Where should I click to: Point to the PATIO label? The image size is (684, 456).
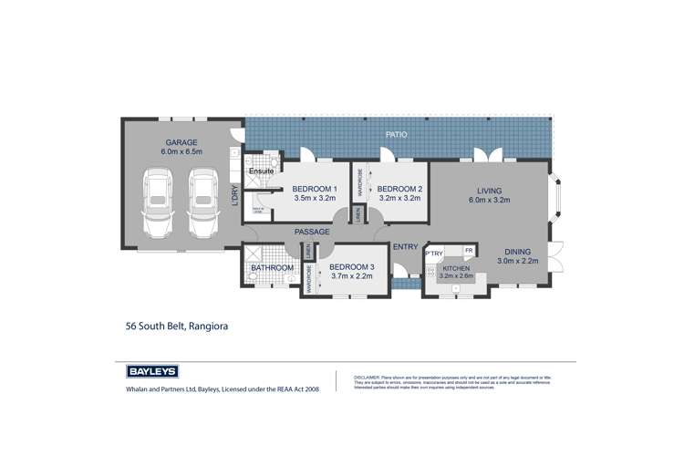395,134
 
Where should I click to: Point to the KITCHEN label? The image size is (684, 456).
455,268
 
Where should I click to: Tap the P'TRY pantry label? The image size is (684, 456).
433,253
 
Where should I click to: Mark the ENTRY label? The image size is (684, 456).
405,247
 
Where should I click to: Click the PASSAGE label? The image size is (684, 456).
312,233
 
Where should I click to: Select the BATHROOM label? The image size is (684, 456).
274,268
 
